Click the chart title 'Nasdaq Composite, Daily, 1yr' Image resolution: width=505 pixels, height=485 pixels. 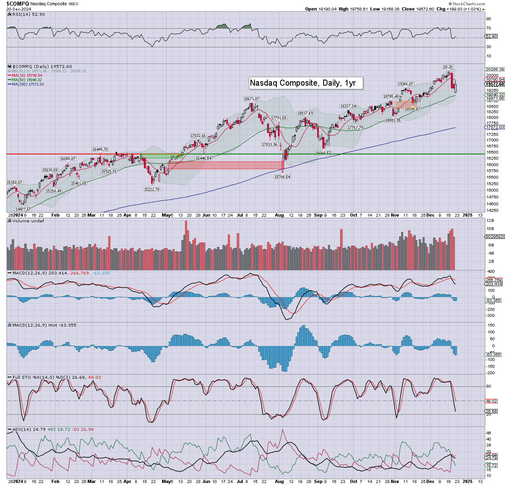tap(303, 83)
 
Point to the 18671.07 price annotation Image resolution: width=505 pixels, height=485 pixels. tap(251, 99)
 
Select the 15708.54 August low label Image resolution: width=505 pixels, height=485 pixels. tap(282, 177)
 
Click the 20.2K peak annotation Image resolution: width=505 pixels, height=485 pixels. tap(448, 67)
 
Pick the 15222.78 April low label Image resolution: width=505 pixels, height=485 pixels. tap(151, 189)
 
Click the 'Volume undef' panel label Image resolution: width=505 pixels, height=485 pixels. tap(28, 221)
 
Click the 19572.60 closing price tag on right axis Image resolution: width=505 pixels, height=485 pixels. tap(494, 84)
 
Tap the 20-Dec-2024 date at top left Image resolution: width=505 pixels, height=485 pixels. tap(19, 9)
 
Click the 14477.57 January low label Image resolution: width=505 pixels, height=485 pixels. tap(23, 209)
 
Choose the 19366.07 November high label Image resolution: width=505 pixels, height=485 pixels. tap(406, 84)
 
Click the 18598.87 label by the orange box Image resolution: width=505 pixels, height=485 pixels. tap(412, 109)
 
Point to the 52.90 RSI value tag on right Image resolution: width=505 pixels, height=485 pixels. tap(491, 36)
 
